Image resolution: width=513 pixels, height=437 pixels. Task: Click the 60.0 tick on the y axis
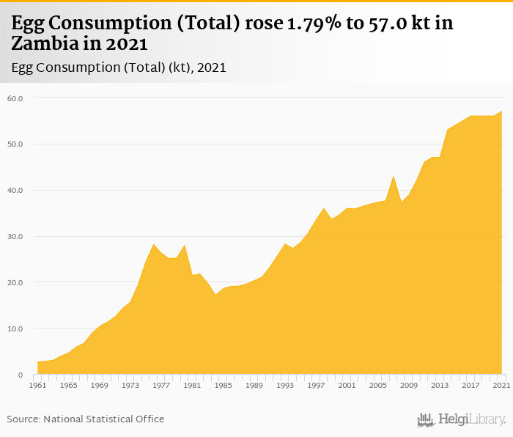tap(16, 98)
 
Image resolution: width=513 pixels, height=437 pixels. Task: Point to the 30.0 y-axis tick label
tap(16, 237)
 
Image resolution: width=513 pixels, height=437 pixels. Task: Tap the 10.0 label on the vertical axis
tap(16, 329)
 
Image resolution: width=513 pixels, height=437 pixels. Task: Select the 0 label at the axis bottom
tap(21, 375)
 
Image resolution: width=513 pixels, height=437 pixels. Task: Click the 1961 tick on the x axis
tap(37, 385)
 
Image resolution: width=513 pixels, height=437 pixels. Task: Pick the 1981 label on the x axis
tap(192, 385)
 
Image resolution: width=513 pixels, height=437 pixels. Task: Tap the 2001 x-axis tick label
tap(347, 385)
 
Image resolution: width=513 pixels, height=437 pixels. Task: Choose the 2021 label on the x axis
tap(502, 385)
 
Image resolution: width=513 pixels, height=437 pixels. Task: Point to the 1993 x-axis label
tap(285, 385)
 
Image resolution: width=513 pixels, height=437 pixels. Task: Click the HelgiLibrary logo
tap(462, 420)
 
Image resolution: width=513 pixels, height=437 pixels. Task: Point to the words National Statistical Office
tap(104, 419)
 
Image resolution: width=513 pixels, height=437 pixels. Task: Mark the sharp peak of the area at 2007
tap(394, 176)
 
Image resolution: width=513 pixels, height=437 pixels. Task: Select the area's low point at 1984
tap(215, 295)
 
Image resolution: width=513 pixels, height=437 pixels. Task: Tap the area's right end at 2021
tap(502, 111)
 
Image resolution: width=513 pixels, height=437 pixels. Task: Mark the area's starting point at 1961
tap(37, 362)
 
